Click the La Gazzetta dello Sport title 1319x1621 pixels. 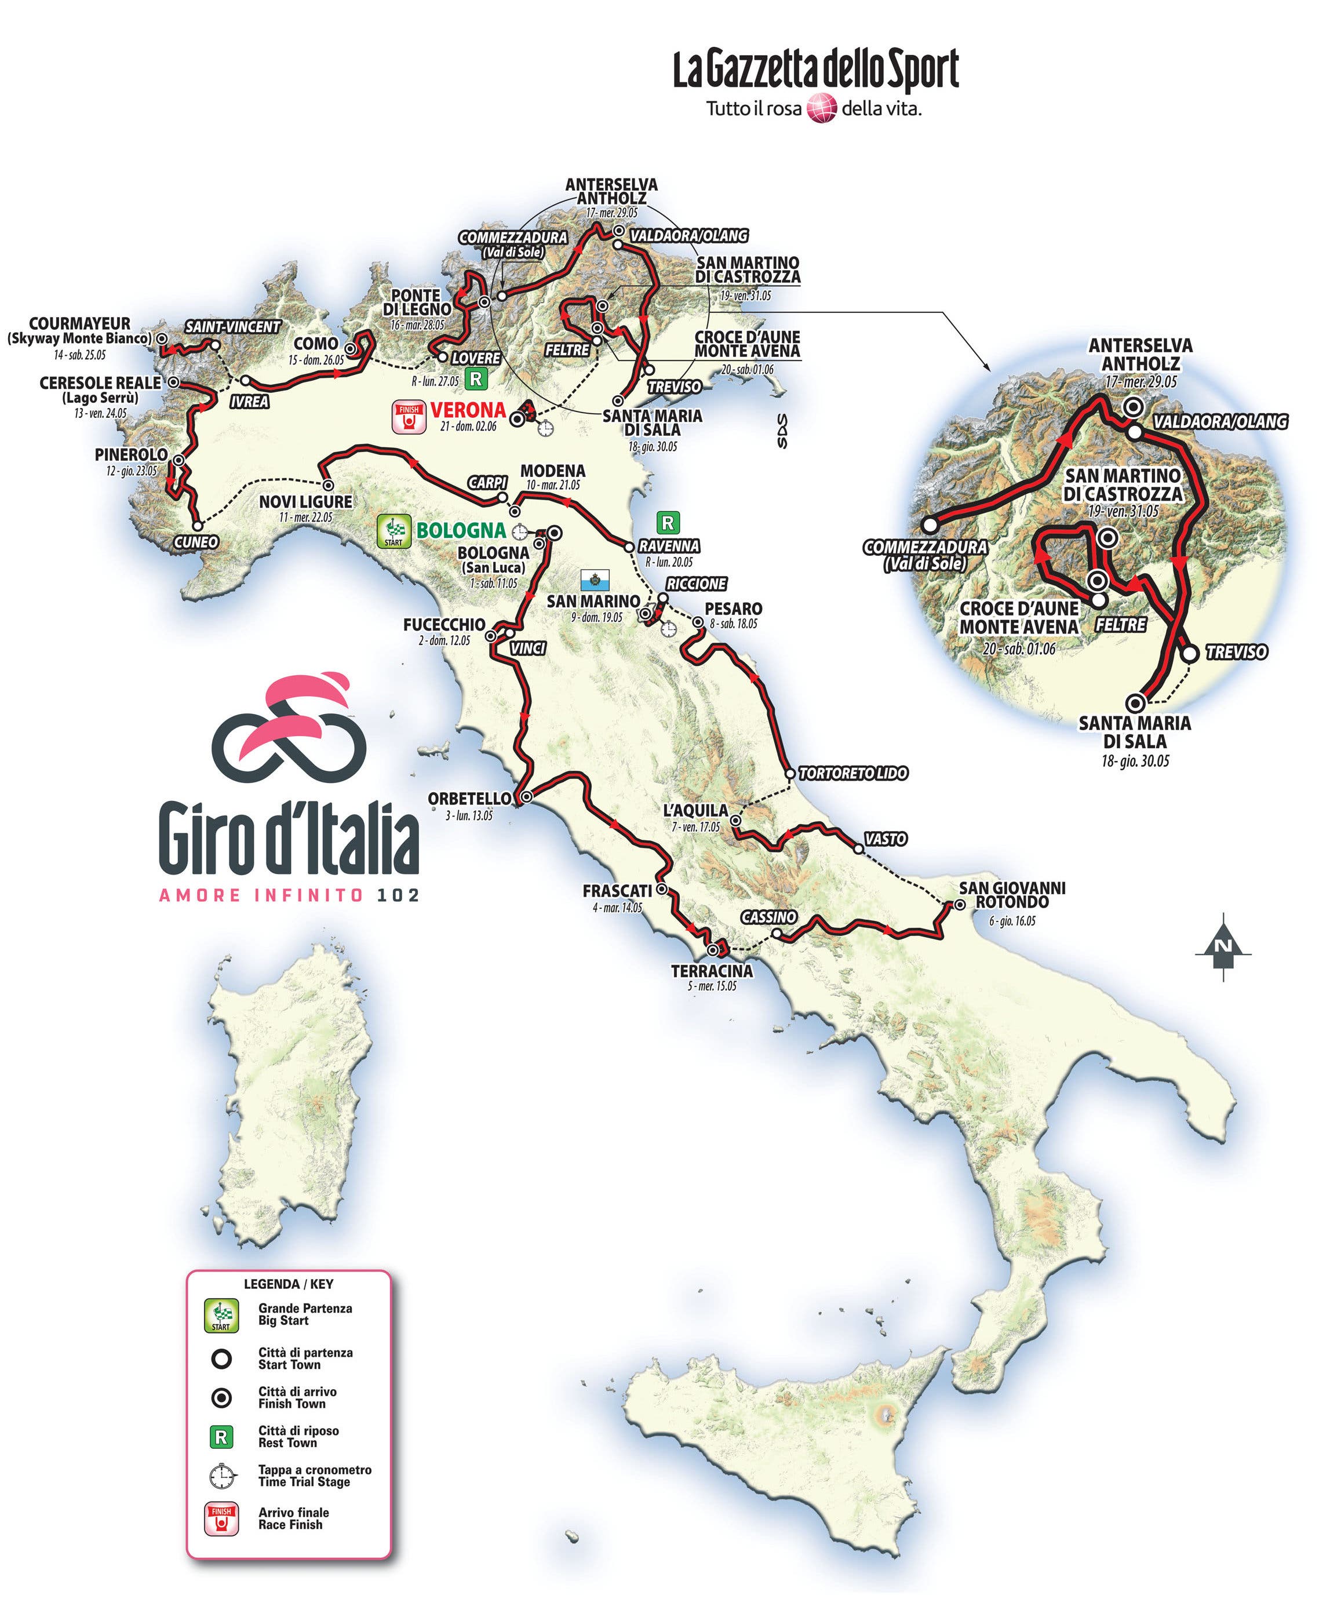(815, 70)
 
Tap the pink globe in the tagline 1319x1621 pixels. (821, 108)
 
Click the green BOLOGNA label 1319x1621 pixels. (461, 530)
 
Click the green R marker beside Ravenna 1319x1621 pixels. (668, 523)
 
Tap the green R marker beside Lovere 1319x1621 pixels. (476, 378)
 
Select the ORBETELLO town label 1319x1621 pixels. (469, 799)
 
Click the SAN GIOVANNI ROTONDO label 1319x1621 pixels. (1011, 895)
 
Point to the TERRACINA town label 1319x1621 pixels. (711, 971)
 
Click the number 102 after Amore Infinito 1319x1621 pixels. (398, 895)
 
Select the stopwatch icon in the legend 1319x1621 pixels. (221, 1475)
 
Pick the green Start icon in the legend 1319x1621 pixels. (221, 1314)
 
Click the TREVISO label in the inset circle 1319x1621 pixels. (1236, 652)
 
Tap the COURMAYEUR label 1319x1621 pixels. (80, 323)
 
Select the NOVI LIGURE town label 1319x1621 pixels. (305, 502)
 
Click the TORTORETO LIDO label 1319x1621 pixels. (853, 773)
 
